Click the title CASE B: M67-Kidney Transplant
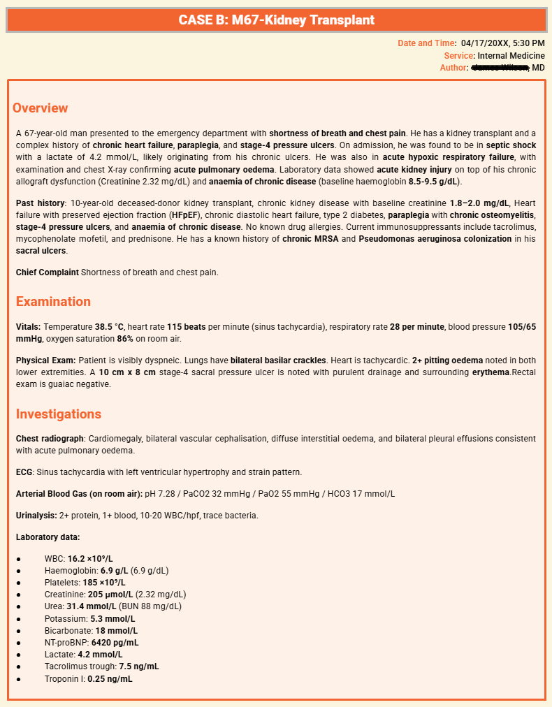pos(276,20)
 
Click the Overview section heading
pos(41,108)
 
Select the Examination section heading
pos(53,302)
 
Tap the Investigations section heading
pos(58,414)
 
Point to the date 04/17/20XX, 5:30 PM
pos(502,43)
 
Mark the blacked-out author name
pos(500,68)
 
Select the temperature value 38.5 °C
pos(109,327)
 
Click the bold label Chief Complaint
pos(47,272)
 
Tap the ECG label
pos(24,472)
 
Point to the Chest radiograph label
pos(50,439)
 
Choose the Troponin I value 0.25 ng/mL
pos(110,679)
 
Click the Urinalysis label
pos(36,516)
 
